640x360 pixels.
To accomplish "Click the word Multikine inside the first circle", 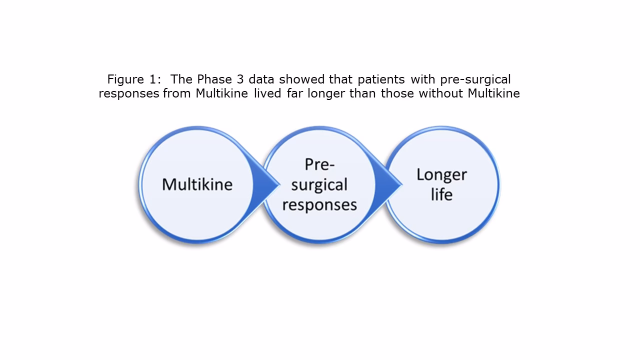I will tap(197, 184).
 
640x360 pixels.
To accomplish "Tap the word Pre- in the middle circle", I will tap(319, 165).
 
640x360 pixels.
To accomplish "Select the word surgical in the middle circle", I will tap(319, 185).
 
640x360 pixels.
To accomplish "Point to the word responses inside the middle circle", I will tap(319, 204).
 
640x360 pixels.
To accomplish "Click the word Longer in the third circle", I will tap(441, 174).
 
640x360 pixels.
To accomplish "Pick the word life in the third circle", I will tap(441, 194).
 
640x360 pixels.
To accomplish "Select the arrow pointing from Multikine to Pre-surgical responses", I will tap(268, 184).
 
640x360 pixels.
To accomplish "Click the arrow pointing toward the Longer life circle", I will tap(390, 184).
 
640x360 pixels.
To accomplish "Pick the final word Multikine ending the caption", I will tap(494, 93).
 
